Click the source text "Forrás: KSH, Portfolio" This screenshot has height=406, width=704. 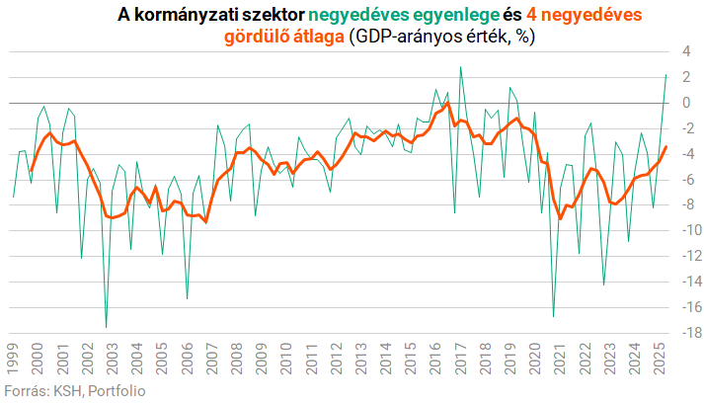[75, 392]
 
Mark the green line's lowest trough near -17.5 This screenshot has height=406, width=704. [106, 327]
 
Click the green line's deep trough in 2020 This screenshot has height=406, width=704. [553, 316]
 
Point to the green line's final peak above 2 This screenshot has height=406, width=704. [665, 75]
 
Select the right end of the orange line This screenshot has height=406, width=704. [665, 147]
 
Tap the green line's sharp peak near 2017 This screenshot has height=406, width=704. [460, 67]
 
